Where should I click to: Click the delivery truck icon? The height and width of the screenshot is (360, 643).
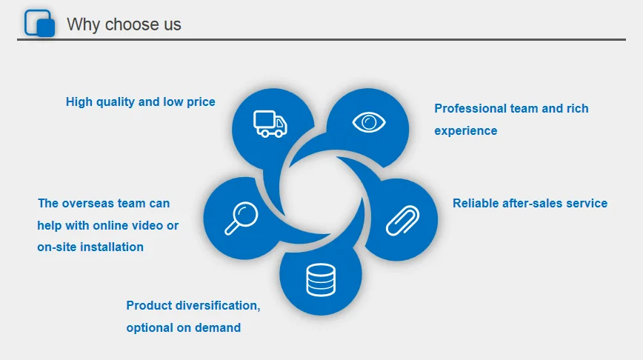coord(270,123)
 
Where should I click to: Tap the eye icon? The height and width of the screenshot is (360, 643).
coord(369,121)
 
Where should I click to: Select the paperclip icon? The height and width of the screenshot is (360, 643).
coord(403,219)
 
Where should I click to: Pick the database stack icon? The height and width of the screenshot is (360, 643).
coord(321,280)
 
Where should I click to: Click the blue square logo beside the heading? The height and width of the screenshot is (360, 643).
coord(40,23)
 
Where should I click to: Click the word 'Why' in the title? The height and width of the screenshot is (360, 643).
coord(83,24)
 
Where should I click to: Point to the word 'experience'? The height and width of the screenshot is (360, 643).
coord(465,130)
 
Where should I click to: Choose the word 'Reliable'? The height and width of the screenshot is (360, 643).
coord(478,203)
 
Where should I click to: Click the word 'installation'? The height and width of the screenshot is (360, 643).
coord(105,247)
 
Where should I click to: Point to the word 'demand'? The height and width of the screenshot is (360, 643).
coord(218,327)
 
